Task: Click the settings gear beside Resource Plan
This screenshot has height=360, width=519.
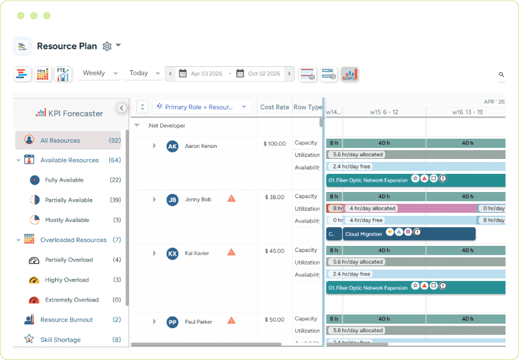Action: pos(107,46)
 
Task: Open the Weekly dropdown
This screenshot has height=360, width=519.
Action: pos(100,73)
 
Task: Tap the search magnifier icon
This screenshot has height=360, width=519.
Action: pos(501,75)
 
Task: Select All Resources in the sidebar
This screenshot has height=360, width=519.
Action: pos(60,140)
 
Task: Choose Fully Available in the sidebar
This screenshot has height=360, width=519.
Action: pos(64,180)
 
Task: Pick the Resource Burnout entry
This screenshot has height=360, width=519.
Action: pos(66,320)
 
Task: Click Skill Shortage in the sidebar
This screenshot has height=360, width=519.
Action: pos(60,340)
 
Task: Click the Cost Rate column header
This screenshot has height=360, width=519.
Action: pos(274,107)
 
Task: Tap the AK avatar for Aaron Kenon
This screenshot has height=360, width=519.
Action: pos(172,147)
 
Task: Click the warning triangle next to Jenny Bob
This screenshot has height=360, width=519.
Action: pos(232,198)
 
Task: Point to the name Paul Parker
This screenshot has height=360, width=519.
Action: pos(198,322)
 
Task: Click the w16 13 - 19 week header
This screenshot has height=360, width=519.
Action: pos(467,112)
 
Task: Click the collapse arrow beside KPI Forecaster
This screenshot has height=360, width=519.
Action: pos(121,108)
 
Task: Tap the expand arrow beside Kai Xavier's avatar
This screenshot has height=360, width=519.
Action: pos(154,253)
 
